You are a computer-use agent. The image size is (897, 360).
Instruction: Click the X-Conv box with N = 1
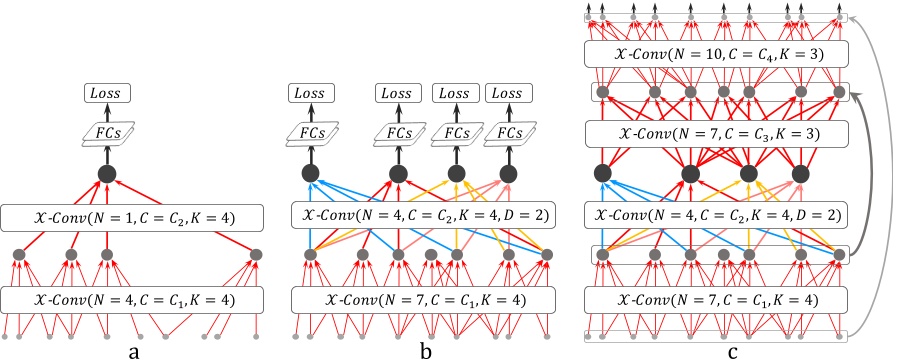click(x=132, y=216)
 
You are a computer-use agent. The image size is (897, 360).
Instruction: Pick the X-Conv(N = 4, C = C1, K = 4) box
click(x=132, y=298)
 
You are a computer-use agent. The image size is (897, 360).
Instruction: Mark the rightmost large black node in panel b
click(x=510, y=175)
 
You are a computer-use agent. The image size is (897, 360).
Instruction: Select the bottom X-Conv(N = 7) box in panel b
click(x=423, y=298)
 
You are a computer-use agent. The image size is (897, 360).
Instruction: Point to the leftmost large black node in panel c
click(x=603, y=175)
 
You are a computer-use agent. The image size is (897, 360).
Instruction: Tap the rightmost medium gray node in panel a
click(x=256, y=255)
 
